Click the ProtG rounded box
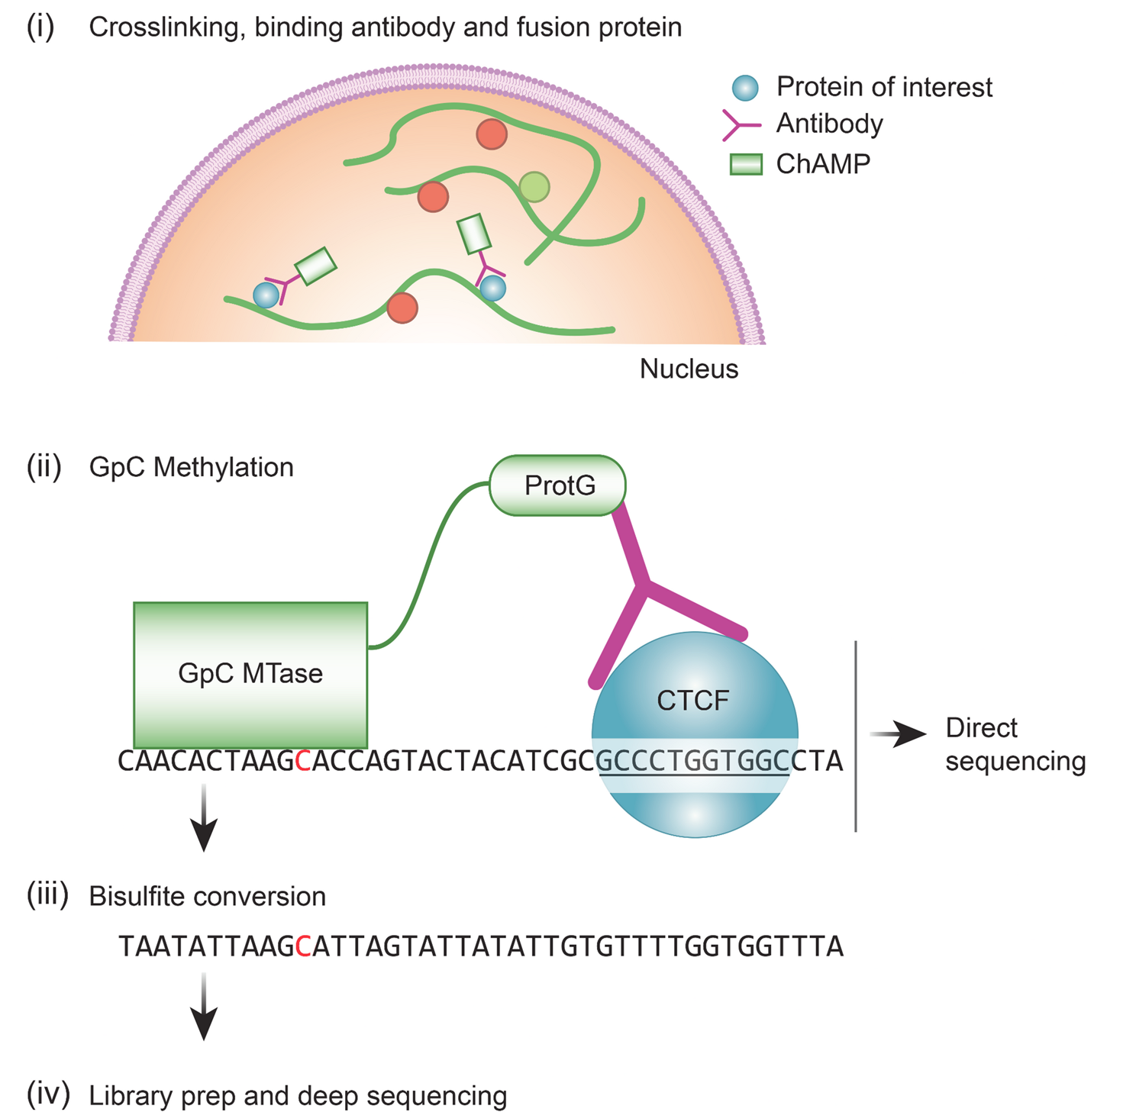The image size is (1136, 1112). pyautogui.click(x=557, y=485)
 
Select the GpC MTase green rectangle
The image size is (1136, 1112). pyautogui.click(x=250, y=674)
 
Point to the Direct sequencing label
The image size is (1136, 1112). pyautogui.click(x=1015, y=744)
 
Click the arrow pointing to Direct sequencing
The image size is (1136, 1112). pyautogui.click(x=899, y=734)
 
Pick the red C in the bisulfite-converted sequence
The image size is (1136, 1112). pyautogui.click(x=302, y=946)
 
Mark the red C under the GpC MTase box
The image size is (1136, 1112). pyautogui.click(x=302, y=761)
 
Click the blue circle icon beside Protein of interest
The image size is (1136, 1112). pyautogui.click(x=745, y=88)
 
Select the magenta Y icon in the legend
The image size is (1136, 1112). pyautogui.click(x=741, y=124)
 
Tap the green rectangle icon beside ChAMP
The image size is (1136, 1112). pyautogui.click(x=746, y=164)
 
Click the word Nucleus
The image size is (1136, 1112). pyautogui.click(x=689, y=369)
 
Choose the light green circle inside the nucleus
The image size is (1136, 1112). pyautogui.click(x=534, y=186)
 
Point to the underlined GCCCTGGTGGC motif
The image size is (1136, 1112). pyautogui.click(x=693, y=762)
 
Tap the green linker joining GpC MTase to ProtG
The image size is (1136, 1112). pyautogui.click(x=428, y=565)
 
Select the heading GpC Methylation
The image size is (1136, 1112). pyautogui.click(x=191, y=467)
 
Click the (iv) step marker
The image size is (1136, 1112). pyautogui.click(x=48, y=1094)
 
